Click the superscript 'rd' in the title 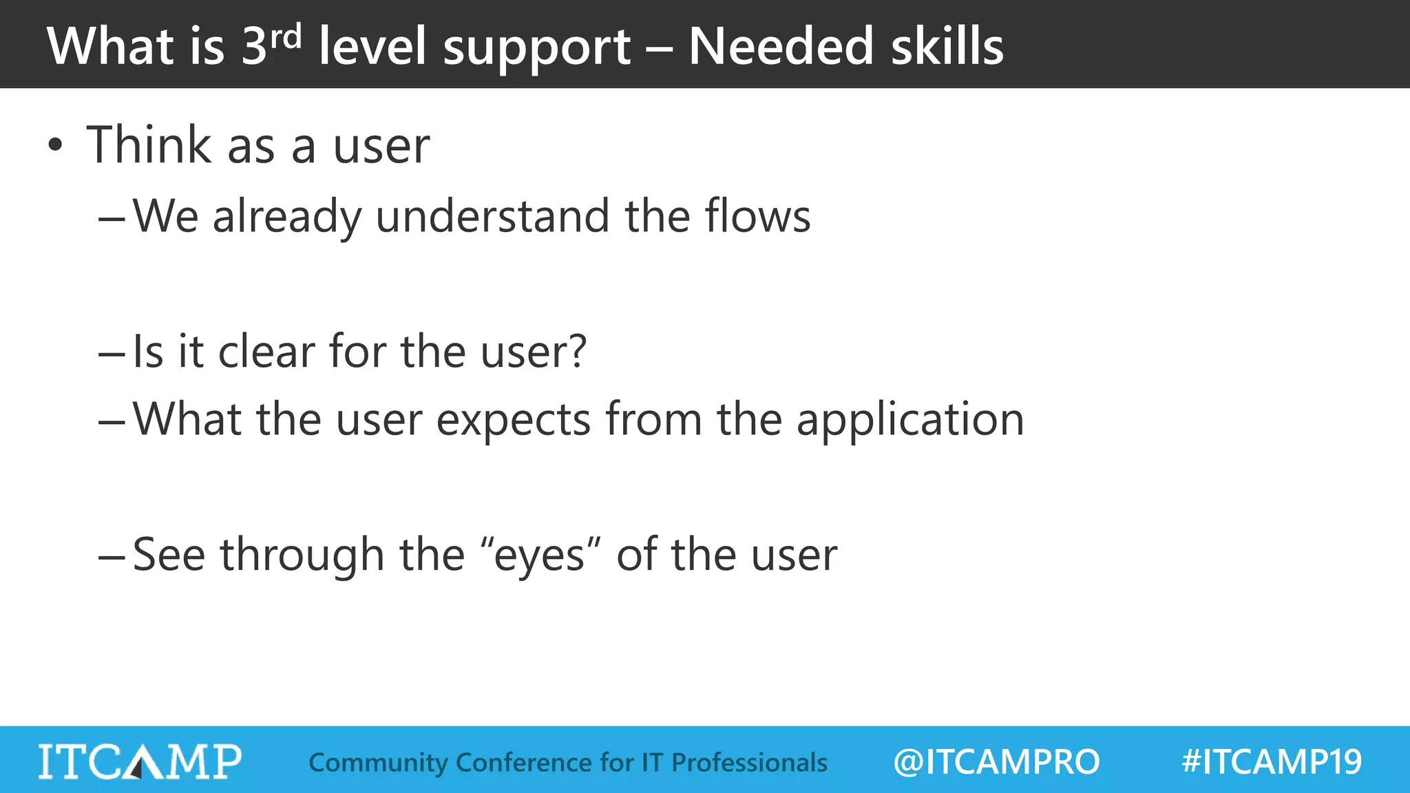285,38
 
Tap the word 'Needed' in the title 781,47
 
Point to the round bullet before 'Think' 55,145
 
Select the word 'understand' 492,217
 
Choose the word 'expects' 514,419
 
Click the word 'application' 910,419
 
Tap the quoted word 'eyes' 539,556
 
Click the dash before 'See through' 111,556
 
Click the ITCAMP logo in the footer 140,761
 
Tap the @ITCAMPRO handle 996,762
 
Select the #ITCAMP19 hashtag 1272,762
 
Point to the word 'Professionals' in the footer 749,763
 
